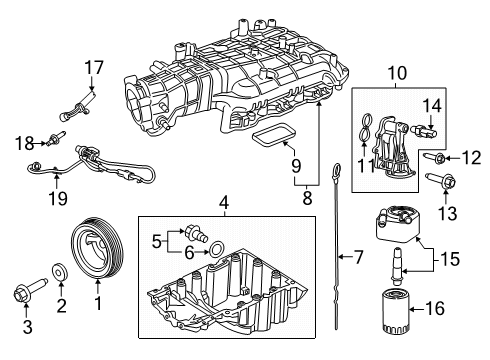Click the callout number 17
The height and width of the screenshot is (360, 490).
point(93,68)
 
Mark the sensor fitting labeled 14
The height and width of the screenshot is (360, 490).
point(425,128)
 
